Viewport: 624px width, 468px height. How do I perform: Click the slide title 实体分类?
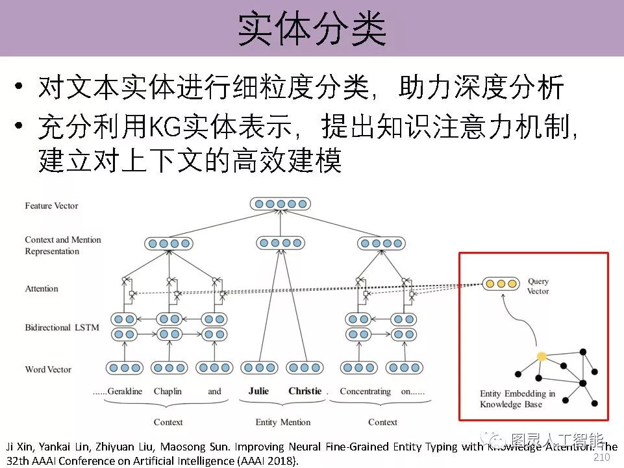pyautogui.click(x=312, y=29)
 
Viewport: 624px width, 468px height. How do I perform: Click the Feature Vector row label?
pyautogui.click(x=51, y=206)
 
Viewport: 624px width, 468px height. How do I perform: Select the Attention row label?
pyautogui.click(x=42, y=289)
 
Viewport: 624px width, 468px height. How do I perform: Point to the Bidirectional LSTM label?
pyautogui.click(x=62, y=328)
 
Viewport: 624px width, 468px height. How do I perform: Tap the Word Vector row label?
pyautogui.click(x=48, y=369)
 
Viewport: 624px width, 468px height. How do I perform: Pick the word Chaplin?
pyautogui.click(x=168, y=391)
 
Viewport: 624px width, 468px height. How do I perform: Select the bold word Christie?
pyautogui.click(x=305, y=391)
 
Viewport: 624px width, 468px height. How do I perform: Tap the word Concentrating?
pyautogui.click(x=365, y=391)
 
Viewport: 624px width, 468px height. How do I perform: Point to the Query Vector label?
pyautogui.click(x=538, y=286)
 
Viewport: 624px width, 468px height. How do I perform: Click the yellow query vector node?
pyautogui.click(x=501, y=284)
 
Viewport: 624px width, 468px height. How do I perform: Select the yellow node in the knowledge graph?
pyautogui.click(x=542, y=356)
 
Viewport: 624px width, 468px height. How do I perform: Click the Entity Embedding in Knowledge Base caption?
pyautogui.click(x=517, y=399)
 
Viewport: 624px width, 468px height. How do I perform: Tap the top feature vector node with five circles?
pyautogui.click(x=281, y=204)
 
